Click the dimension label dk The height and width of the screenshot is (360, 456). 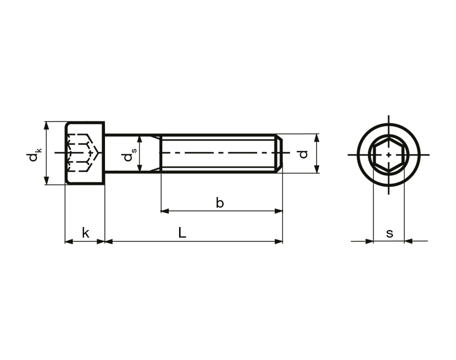(33, 154)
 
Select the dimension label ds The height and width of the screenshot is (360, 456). (129, 154)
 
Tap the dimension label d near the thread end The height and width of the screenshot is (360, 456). (303, 154)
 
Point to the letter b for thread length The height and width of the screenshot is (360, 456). (220, 203)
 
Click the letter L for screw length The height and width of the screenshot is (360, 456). (182, 233)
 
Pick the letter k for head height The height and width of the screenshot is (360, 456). (86, 233)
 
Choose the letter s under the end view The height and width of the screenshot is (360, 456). (390, 233)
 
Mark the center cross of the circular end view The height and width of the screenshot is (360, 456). (389, 154)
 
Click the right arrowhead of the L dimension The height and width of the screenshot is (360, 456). (278, 241)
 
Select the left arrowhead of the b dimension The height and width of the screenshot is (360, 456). (164, 211)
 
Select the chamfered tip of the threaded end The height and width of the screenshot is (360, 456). (279, 154)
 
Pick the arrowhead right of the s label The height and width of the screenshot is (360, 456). (408, 241)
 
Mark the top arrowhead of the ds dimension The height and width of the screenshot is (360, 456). (139, 139)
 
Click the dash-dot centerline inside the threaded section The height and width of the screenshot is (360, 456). (218, 154)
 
